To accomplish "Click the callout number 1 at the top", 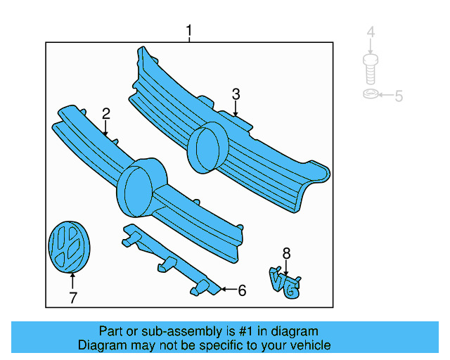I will [188, 31].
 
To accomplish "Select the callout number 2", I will [105, 113].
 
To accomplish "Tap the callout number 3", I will [236, 94].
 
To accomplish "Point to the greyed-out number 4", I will [371, 32].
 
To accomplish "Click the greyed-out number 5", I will [399, 96].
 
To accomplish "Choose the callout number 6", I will [241, 290].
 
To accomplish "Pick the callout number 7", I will [72, 298].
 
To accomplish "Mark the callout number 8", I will [286, 253].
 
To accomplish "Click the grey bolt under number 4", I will [371, 69].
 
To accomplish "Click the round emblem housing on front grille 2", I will [140, 186].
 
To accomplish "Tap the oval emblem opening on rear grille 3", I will [207, 148].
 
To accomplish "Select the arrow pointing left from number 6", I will [226, 289].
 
